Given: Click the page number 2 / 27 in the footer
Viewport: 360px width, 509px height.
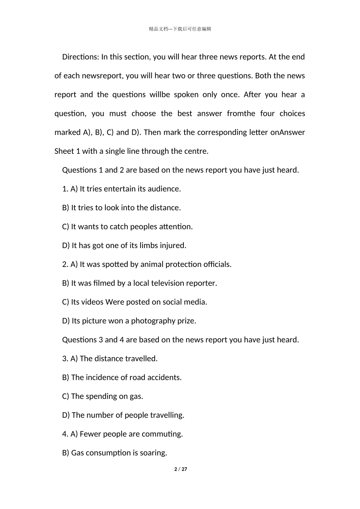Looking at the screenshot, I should [181, 469].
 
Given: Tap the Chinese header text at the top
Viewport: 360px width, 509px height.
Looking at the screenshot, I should [180, 29].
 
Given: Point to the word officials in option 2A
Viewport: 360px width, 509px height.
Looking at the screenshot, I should [217, 264].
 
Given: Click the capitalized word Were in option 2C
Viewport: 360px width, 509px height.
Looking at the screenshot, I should [114, 302].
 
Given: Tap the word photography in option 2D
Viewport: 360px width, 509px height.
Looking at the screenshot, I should [153, 321].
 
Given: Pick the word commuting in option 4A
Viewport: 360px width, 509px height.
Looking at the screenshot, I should [166, 434].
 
